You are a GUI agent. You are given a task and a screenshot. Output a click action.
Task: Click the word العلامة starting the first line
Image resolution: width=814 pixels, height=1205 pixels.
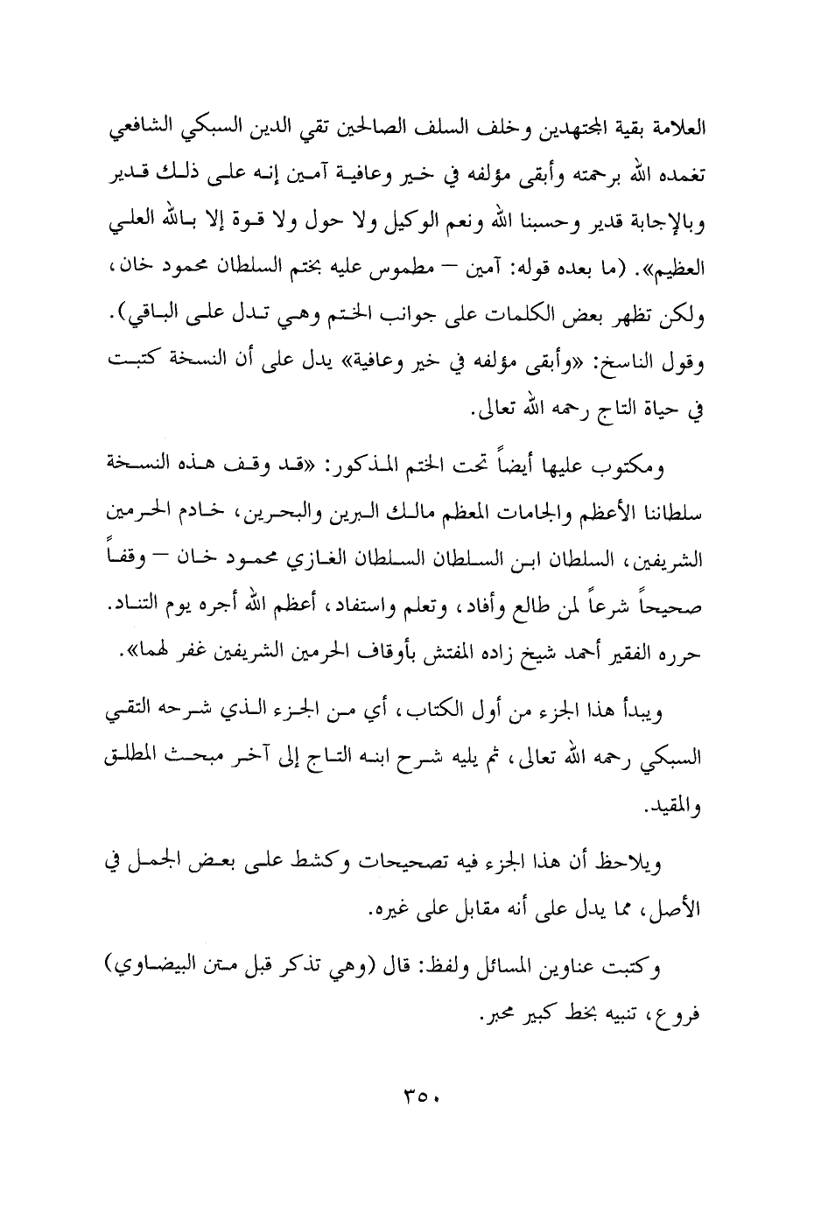[x=678, y=133]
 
